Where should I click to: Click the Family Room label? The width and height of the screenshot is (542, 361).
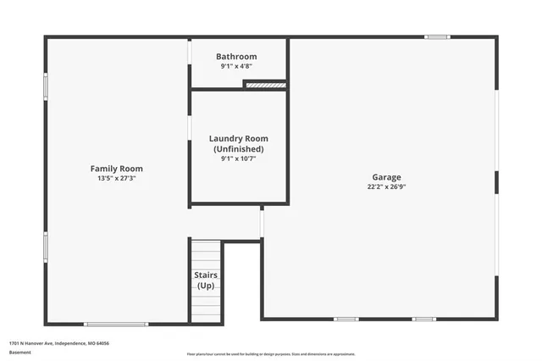(x=116, y=169)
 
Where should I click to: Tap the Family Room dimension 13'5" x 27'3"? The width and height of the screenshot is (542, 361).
(x=116, y=179)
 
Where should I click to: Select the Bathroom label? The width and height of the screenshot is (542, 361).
(x=236, y=57)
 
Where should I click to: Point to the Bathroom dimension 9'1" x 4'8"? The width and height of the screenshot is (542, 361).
(x=236, y=66)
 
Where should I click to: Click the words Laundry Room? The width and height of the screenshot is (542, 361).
(x=238, y=138)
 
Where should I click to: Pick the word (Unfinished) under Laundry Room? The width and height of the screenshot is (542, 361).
(x=238, y=148)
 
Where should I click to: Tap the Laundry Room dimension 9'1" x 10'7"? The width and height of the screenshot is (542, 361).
(x=238, y=158)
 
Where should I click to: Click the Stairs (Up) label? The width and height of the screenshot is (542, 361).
(x=206, y=280)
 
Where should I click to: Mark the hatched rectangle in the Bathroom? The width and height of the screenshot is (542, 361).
(x=264, y=83)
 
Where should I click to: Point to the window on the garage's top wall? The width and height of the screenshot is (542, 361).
(x=437, y=36)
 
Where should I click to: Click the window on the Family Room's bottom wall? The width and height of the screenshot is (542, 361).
(x=116, y=324)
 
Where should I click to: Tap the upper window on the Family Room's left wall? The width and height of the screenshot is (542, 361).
(x=46, y=86)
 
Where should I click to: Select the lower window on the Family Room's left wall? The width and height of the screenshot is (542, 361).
(x=46, y=247)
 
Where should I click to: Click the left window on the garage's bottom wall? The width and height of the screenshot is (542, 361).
(x=346, y=319)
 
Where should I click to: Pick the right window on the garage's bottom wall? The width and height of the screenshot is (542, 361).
(x=423, y=319)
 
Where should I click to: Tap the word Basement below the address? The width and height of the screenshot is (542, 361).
(x=19, y=352)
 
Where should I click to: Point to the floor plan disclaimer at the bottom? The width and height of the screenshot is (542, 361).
(x=271, y=354)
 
